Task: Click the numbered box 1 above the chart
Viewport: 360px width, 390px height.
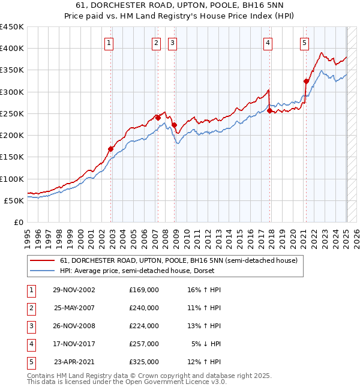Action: point(109,43)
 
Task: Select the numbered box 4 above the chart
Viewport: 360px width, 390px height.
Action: point(268,43)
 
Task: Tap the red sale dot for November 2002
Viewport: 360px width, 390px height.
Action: point(111,149)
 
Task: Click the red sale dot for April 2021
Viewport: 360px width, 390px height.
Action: point(306,81)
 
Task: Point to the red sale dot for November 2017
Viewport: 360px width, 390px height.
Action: point(269,110)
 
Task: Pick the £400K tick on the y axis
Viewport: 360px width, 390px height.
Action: point(13,48)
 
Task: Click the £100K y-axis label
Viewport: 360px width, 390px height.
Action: point(13,179)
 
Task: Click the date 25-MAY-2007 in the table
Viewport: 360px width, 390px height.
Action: point(74,308)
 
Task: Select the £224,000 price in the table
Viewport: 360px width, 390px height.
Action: point(144,326)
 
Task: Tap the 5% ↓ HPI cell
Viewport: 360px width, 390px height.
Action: point(206,344)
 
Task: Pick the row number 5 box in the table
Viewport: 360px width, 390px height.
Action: point(31,362)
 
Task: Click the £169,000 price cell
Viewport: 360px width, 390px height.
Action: point(144,290)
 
